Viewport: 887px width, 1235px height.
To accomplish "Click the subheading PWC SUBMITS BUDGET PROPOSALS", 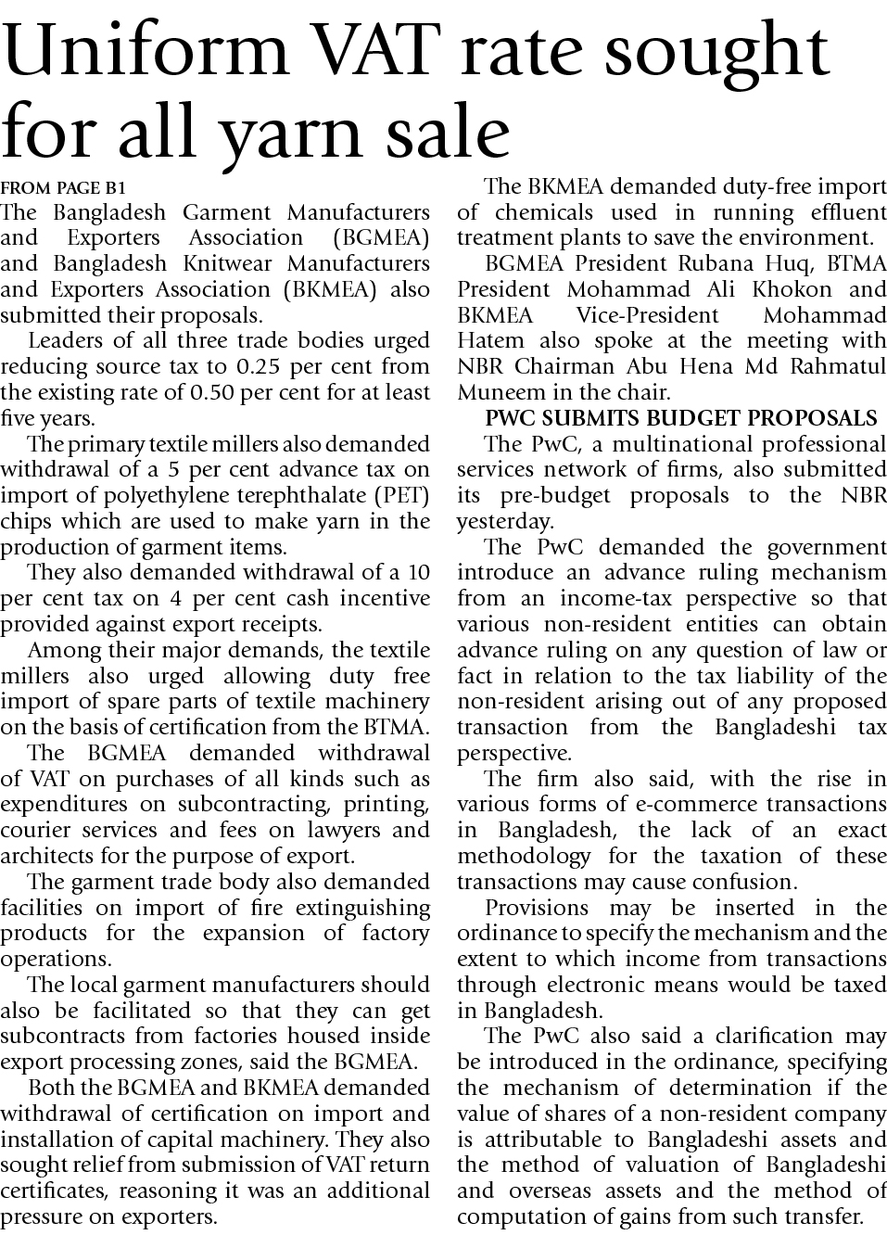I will point(681,418).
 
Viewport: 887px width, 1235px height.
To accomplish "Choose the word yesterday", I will point(505,521).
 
